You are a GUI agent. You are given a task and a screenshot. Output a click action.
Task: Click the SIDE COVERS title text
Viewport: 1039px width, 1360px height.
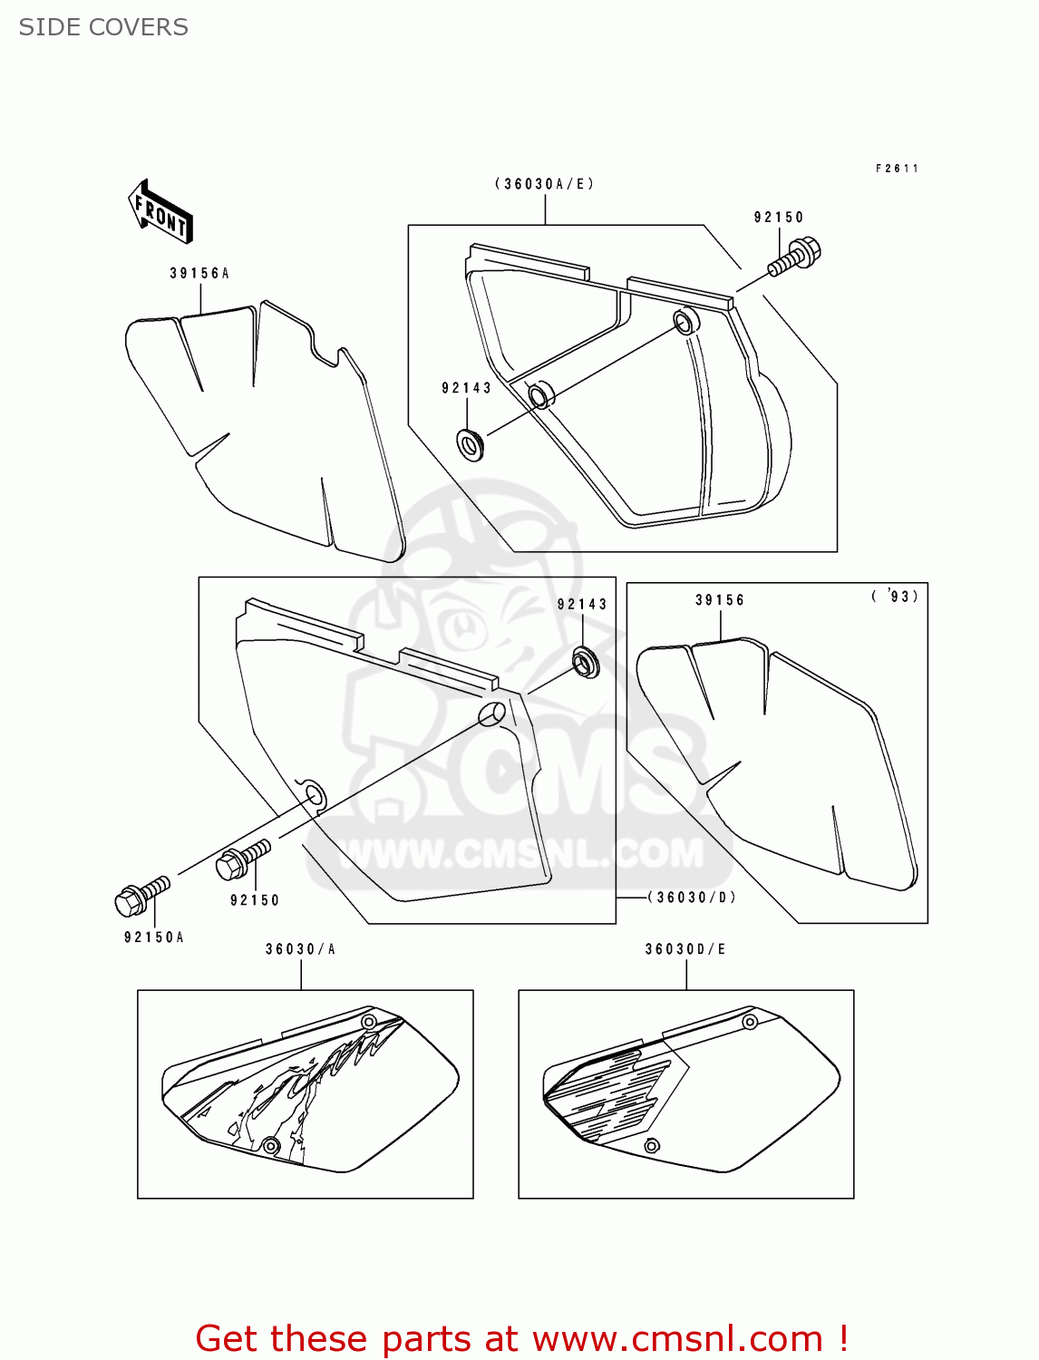[x=103, y=27]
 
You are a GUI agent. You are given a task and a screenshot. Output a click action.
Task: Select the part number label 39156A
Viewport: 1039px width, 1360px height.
[x=199, y=273]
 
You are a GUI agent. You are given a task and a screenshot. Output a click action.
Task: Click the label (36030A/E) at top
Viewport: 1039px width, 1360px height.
[x=544, y=184]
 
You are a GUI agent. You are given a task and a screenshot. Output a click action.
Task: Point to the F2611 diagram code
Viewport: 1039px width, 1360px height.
[x=897, y=169]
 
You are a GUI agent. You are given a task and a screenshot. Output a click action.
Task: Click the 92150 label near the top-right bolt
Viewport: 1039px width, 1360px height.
[x=779, y=218]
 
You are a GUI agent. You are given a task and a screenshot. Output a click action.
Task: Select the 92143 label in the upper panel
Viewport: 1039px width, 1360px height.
[x=466, y=388]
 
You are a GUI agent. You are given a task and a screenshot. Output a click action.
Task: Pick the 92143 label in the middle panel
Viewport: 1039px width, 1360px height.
[x=582, y=605]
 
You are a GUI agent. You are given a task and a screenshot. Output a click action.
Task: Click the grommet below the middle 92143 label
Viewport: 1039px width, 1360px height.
[x=586, y=662]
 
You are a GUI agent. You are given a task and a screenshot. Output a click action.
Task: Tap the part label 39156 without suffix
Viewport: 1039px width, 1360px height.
[x=720, y=600]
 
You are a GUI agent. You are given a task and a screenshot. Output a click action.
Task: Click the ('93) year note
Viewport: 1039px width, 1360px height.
[x=895, y=596]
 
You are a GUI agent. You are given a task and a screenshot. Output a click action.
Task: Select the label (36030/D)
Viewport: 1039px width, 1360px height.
[x=692, y=898]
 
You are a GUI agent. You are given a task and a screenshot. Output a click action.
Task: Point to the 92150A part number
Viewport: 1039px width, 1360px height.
[x=154, y=937]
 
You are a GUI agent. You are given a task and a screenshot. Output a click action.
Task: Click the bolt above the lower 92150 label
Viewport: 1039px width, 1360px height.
[x=243, y=859]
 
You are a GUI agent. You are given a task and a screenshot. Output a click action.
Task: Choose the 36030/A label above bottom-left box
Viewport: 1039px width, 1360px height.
[x=300, y=949]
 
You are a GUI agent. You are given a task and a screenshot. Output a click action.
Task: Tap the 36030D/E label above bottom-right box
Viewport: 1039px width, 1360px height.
[x=685, y=949]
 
